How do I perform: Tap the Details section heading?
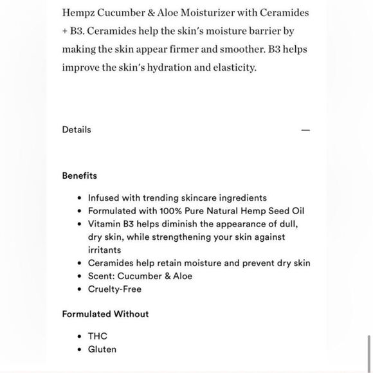point(77,129)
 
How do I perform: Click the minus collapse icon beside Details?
point(305,130)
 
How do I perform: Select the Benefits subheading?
point(80,175)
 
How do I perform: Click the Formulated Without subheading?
point(105,314)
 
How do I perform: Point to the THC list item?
point(98,336)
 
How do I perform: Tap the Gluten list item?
point(102,349)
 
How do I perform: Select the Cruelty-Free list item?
point(114,289)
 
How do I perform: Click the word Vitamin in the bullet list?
point(105,224)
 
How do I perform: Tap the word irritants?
point(104,250)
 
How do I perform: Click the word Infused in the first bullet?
point(104,198)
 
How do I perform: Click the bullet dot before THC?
point(78,337)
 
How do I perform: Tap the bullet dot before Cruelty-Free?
point(78,289)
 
